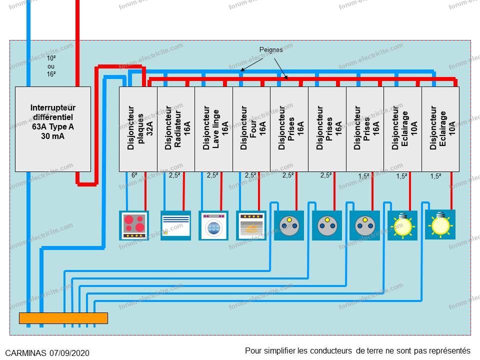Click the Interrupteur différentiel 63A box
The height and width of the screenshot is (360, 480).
(52, 129)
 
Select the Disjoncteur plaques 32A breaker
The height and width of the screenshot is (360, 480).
(138, 129)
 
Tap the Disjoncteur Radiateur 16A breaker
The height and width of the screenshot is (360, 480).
(176, 129)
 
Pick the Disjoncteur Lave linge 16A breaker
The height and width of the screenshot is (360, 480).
(213, 129)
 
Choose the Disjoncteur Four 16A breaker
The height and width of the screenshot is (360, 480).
(251, 129)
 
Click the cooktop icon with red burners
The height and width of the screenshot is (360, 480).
(134, 225)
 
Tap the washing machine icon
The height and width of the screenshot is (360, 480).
(213, 225)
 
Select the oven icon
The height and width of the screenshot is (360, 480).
(251, 225)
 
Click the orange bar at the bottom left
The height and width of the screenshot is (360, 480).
(63, 318)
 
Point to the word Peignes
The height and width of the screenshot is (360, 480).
(271, 50)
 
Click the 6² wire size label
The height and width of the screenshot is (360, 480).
(134, 175)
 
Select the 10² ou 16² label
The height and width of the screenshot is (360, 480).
(51, 66)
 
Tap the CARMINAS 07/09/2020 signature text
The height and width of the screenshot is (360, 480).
(47, 353)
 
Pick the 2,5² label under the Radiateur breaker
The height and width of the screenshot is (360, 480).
(174, 175)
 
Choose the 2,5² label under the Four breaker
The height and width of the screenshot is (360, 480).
(250, 175)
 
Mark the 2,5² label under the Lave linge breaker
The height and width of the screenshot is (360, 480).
(212, 175)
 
